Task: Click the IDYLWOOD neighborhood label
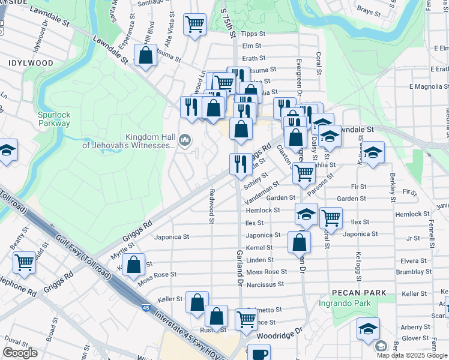coord(31,62)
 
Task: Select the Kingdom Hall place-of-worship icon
coord(184,140)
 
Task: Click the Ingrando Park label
coord(345,304)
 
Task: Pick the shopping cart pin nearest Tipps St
coord(194,25)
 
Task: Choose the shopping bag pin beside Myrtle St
coord(134,263)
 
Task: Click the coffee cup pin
coord(259,353)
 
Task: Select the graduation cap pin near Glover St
coord(368,328)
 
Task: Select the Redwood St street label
coord(211,206)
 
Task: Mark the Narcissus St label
coord(264,284)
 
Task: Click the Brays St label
coord(365,10)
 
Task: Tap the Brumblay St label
coord(411,272)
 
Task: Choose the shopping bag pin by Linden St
coord(299,242)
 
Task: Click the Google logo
coord(20,353)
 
